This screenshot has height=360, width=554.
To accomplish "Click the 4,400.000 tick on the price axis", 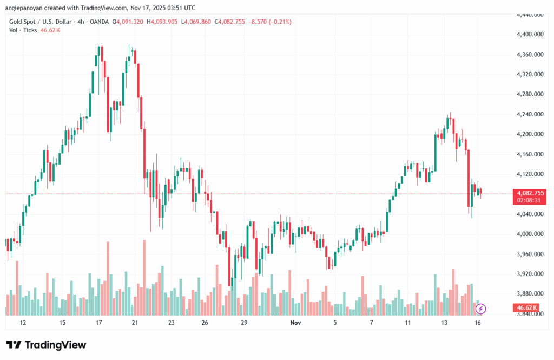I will tap(530, 35).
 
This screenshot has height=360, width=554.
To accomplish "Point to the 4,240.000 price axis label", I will tap(530, 114).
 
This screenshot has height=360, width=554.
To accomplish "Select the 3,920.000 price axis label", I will tap(530, 274).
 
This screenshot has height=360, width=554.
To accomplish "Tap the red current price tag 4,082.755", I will tap(531, 193).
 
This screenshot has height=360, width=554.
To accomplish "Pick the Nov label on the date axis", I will tap(295, 323).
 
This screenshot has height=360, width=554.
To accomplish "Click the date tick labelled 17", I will tap(99, 323).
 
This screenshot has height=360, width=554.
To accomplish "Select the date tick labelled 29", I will tap(244, 323).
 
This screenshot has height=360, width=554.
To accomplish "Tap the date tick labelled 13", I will tap(444, 323).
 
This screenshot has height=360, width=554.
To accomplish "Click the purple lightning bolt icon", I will tap(481, 309).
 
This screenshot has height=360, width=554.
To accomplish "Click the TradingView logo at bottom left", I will tap(46, 345).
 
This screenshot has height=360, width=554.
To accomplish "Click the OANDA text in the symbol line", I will tap(97, 22).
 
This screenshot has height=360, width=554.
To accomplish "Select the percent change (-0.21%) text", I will tap(278, 22).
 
